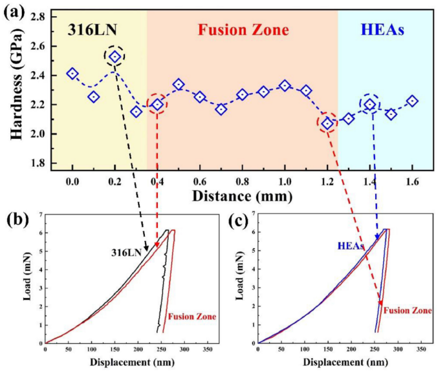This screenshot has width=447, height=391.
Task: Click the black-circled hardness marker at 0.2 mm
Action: point(115,57)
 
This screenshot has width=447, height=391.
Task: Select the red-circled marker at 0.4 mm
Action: point(158,105)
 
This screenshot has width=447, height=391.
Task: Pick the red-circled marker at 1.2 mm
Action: point(327,123)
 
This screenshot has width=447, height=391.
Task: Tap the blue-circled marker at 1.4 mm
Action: point(370,104)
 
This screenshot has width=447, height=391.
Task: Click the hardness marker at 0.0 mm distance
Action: point(72,74)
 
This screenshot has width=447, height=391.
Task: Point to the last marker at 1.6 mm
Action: point(412,101)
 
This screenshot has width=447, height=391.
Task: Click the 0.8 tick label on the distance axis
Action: point(242,180)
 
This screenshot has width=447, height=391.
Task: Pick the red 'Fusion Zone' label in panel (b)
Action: point(191,317)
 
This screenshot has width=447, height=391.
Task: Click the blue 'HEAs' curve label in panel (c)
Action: point(350,246)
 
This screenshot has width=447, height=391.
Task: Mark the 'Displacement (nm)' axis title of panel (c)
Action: point(339,361)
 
